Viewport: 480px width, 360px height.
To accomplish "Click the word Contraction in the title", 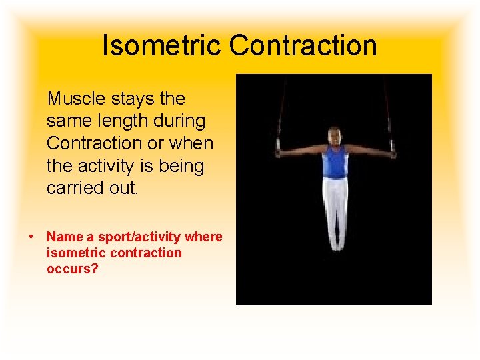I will click(303, 45).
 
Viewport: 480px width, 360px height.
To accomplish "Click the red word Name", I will click(65, 237).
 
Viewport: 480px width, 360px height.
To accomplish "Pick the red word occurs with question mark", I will click(72, 269).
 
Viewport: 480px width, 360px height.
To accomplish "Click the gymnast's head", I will click(335, 137).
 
